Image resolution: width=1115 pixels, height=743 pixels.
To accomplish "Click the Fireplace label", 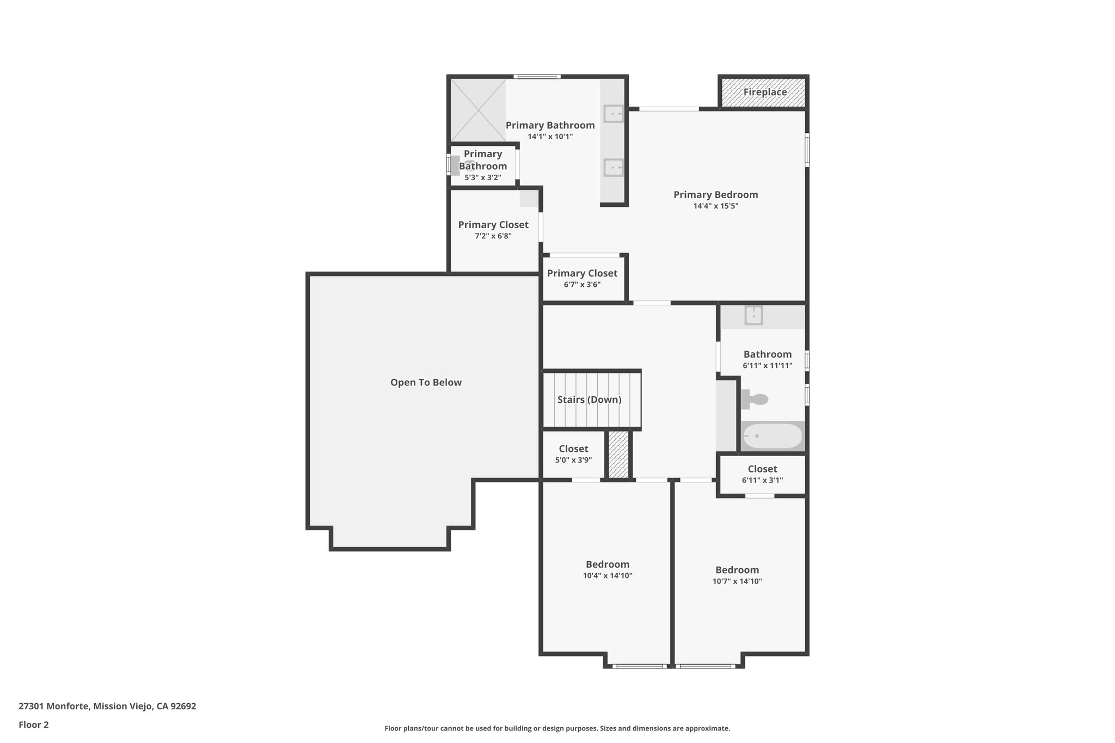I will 764,93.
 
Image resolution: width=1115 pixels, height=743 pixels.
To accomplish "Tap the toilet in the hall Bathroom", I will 755,400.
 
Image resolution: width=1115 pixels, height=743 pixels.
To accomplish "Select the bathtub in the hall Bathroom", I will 773,436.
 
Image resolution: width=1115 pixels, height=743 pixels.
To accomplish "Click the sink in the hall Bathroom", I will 753,315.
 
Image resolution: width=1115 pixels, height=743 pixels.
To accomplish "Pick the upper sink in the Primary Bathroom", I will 614,114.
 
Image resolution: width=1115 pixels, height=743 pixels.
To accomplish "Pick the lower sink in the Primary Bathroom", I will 614,167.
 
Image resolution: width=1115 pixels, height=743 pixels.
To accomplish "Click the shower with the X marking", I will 477,110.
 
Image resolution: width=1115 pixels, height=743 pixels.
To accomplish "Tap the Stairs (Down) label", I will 589,400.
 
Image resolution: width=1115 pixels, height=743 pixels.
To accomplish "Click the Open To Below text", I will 426,383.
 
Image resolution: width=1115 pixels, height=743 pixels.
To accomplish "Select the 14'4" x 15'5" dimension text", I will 715,206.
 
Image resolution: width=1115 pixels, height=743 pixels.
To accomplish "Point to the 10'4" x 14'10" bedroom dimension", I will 607,576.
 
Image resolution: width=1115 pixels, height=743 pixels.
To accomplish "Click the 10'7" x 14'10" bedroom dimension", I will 737,581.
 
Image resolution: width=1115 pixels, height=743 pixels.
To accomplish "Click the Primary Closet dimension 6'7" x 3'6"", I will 582,285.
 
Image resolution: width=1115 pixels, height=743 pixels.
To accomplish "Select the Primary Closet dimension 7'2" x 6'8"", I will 493,236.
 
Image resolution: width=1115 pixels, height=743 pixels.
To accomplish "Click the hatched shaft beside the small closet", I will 618,455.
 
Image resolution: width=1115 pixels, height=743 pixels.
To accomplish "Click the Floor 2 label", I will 34,725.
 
